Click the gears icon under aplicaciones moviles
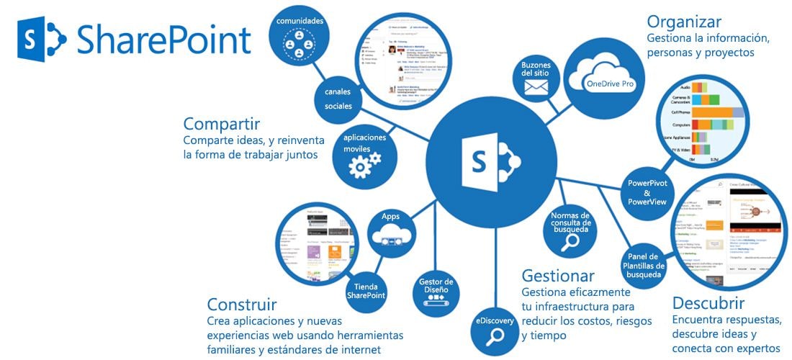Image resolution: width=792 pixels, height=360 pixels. [364, 165]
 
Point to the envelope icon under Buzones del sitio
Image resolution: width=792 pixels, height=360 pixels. [536, 87]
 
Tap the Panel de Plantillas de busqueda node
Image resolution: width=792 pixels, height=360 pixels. [642, 265]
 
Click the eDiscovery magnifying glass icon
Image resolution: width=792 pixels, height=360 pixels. [494, 337]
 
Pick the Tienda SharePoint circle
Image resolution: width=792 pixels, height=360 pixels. [366, 290]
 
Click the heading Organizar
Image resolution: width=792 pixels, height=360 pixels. [683, 22]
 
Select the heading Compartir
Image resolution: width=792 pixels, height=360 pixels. [221, 124]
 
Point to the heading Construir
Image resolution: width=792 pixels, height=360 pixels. [241, 304]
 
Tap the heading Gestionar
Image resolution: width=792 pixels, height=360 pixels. [558, 276]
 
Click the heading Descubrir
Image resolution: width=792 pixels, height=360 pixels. [708, 302]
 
